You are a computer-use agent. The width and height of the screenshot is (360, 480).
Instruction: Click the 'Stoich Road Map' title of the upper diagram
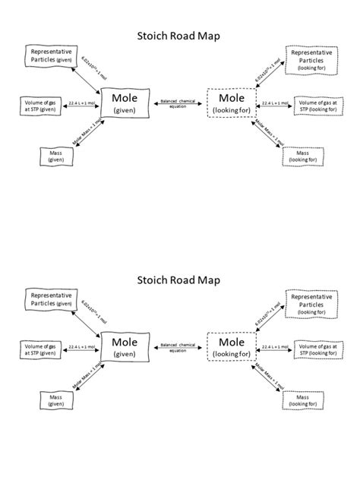179,35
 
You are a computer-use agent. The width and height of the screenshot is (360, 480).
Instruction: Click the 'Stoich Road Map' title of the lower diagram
179,279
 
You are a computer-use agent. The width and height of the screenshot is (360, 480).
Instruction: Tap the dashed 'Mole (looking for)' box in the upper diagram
231,103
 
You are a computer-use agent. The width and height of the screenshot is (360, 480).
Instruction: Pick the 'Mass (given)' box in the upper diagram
55,156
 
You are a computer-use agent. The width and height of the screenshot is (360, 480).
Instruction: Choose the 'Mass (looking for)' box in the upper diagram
302,156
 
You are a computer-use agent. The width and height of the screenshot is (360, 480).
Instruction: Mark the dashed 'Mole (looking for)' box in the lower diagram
231,348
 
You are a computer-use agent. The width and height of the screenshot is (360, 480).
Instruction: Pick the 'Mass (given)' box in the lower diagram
55,400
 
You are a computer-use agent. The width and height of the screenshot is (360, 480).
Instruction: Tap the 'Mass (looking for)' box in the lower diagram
302,400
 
